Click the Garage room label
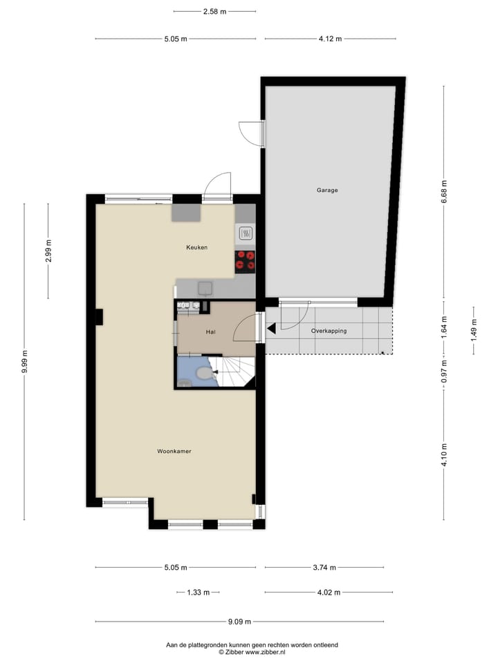(x=327, y=191)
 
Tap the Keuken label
(x=197, y=247)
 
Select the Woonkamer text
(x=174, y=451)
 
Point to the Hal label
(x=210, y=332)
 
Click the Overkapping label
(x=329, y=331)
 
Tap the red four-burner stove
(x=245, y=260)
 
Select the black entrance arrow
(x=271, y=328)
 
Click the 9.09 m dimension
(x=240, y=622)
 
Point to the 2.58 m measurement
(x=214, y=12)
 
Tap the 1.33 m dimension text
(x=199, y=593)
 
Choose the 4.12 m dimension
(x=330, y=39)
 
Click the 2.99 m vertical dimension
(x=48, y=251)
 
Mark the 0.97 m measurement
(x=444, y=372)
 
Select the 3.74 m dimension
(x=324, y=568)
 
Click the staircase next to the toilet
(x=233, y=372)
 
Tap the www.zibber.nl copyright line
(x=252, y=652)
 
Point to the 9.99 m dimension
(x=25, y=362)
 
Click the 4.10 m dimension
(x=444, y=455)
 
